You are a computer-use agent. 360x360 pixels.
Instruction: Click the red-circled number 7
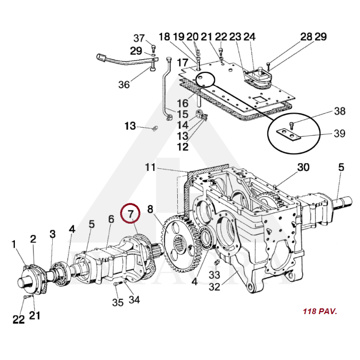pos(130,214)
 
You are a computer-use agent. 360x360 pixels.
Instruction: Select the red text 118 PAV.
pos(320,311)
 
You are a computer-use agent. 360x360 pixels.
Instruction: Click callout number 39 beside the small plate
pos(340,133)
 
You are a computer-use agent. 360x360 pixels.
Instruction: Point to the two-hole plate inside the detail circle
pos(288,135)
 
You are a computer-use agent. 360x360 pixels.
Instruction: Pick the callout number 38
pos(340,111)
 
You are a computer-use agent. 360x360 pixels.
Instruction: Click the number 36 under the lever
pos(124,85)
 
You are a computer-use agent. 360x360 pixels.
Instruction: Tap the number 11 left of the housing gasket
pos(150,167)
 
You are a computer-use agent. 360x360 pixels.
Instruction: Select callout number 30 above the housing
pos(303,167)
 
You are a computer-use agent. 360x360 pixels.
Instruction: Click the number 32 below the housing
pos(215,287)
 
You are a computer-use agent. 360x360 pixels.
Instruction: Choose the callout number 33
pos(215,275)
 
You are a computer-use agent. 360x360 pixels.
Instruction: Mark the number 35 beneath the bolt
pos(118,302)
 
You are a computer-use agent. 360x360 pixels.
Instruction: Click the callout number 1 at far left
pos(14,244)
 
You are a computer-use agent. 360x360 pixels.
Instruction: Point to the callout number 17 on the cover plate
pos(183,63)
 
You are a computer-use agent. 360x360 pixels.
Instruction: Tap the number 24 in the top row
pos(249,37)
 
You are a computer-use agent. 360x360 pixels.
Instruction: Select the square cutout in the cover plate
pos(259,99)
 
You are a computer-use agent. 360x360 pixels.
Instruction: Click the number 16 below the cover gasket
pos(183,103)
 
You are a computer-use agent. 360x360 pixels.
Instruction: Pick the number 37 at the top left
pos(139,38)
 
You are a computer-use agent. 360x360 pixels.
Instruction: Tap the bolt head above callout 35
pos(116,284)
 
